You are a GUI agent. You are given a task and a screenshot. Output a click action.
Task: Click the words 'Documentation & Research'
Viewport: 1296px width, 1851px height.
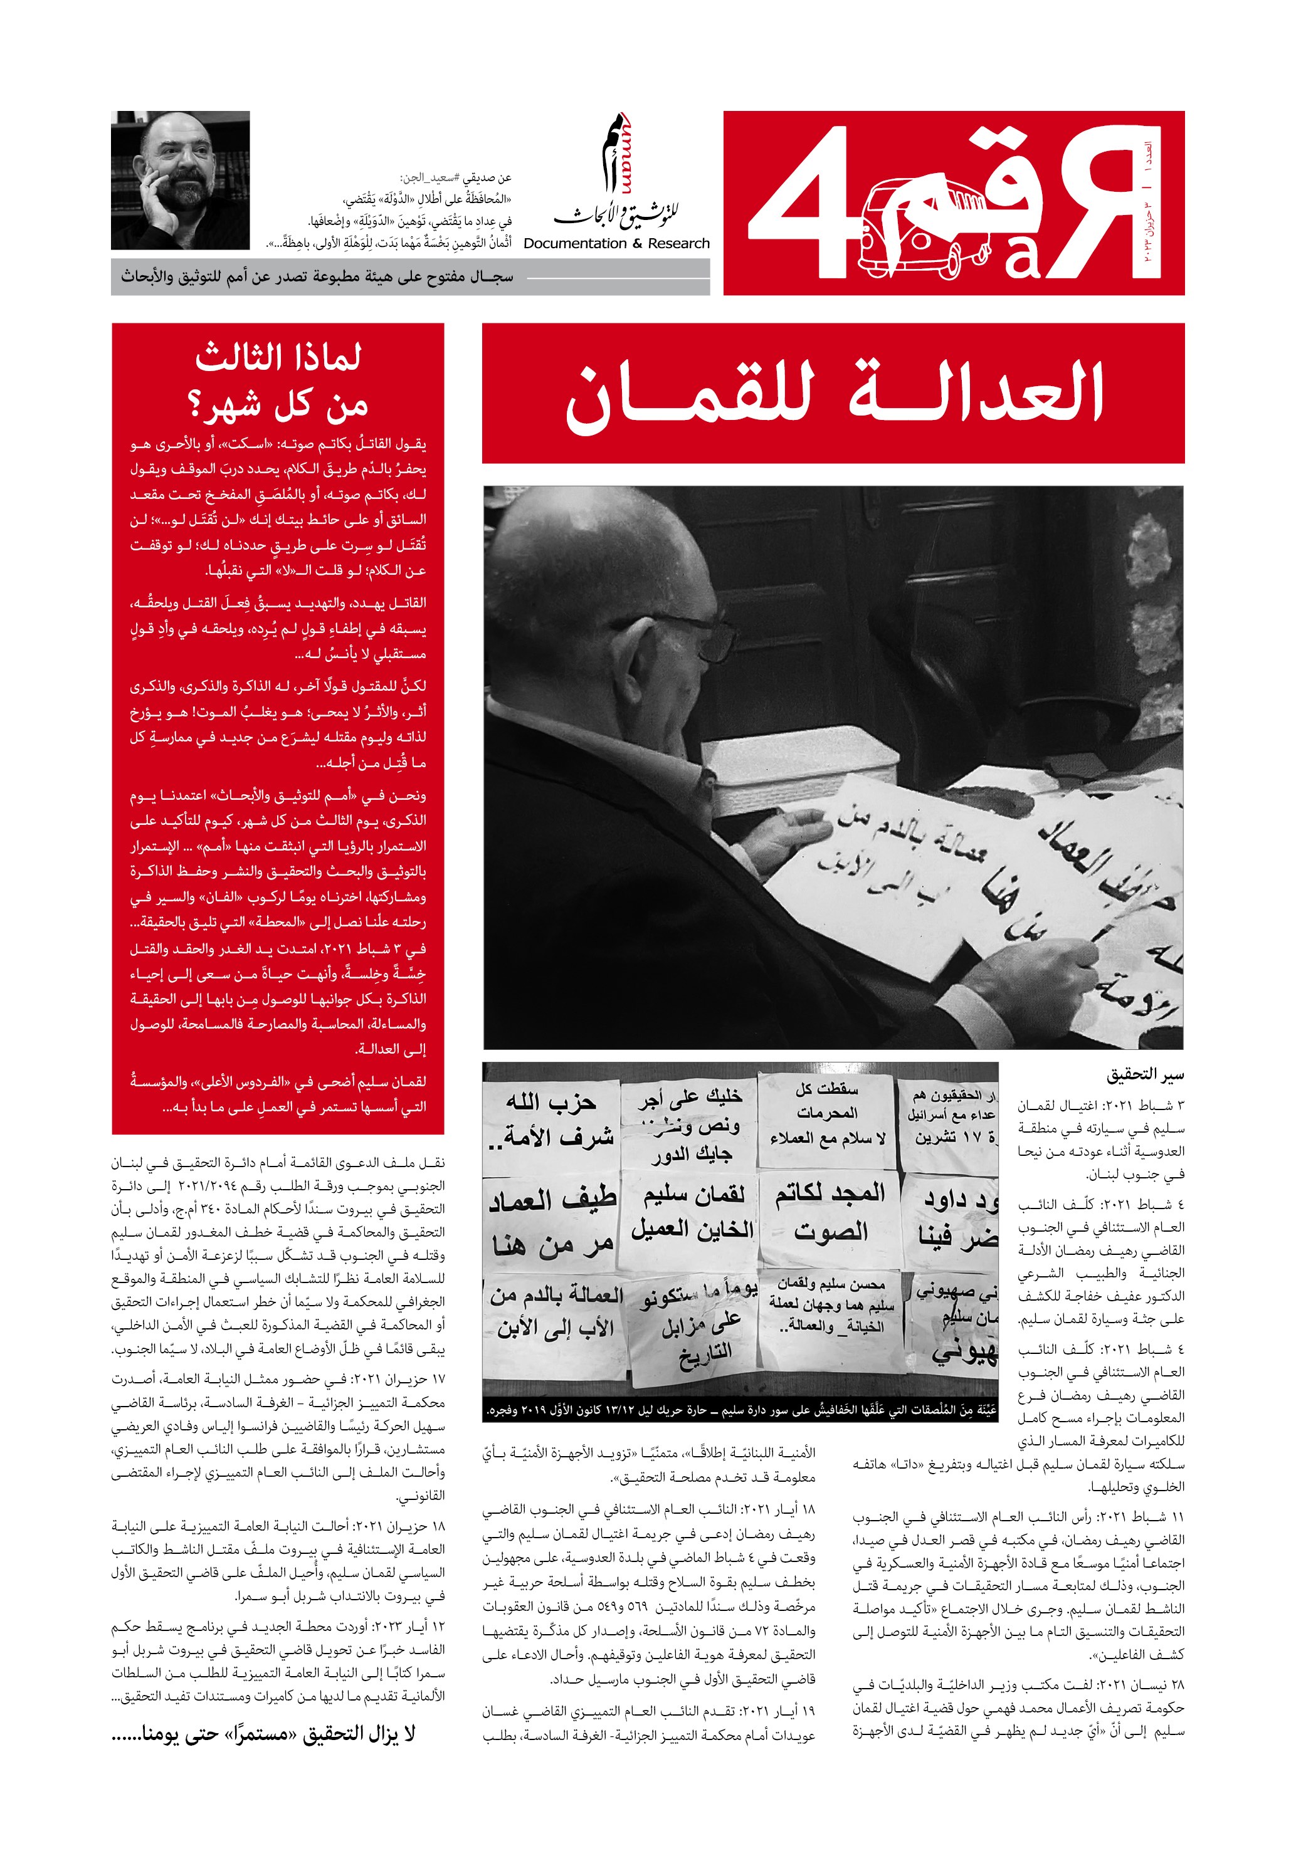(616, 243)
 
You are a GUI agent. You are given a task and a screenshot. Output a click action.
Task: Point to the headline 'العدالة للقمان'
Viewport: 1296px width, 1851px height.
(833, 394)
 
